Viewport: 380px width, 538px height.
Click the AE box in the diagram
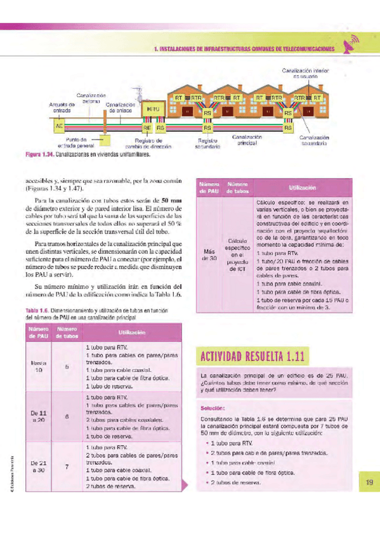[x=58, y=126]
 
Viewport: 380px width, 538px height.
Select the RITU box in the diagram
[x=152, y=109]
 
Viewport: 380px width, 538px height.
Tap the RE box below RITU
[x=147, y=127]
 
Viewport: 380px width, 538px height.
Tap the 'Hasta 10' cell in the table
[x=39, y=367]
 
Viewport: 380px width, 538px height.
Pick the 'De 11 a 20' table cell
[x=39, y=416]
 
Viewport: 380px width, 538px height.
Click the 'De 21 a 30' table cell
[x=39, y=466]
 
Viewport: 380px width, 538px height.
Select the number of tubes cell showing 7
[x=67, y=466]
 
